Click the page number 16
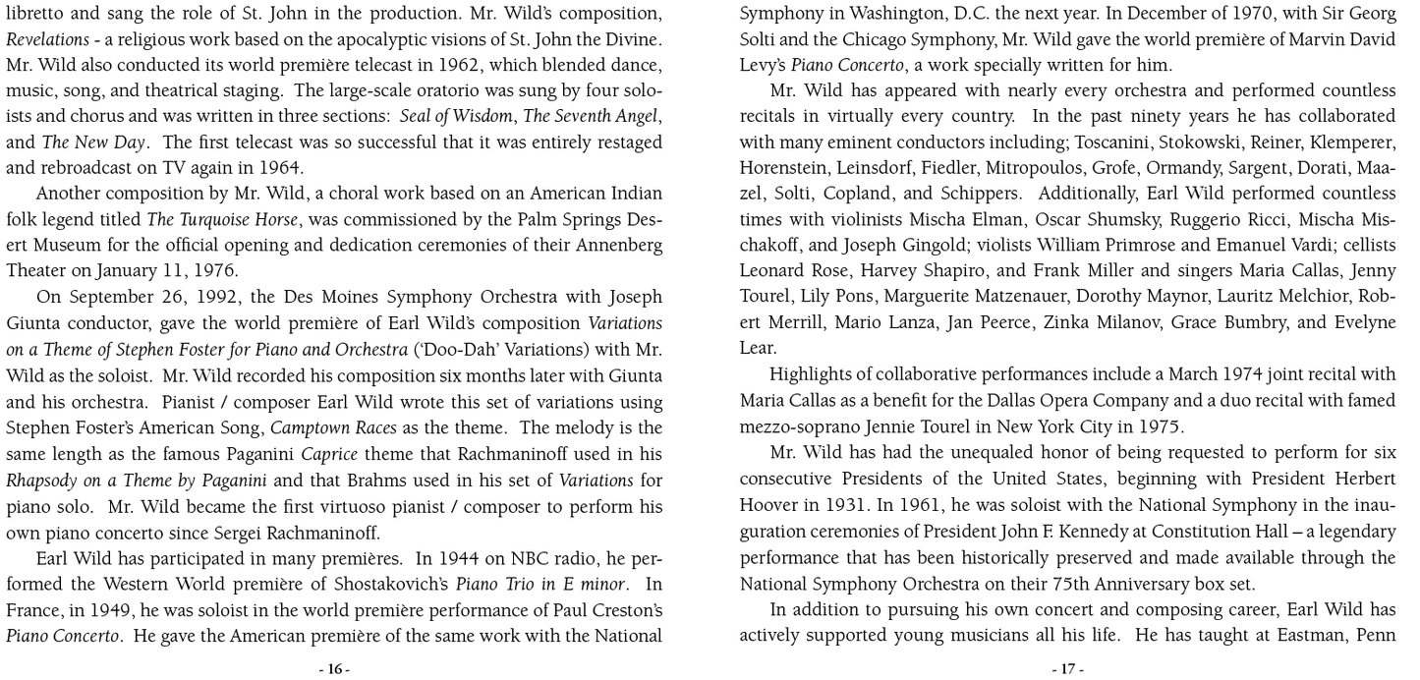click(334, 669)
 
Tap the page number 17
click(1067, 669)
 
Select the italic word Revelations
click(46, 38)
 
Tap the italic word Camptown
click(306, 427)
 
